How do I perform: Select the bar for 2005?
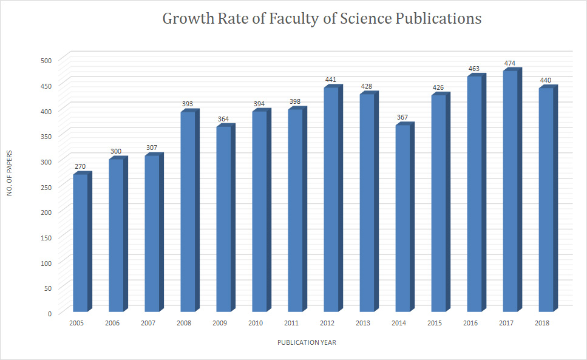[80, 243]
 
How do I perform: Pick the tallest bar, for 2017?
[510, 191]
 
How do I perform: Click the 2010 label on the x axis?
[256, 324]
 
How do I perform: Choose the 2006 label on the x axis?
[112, 324]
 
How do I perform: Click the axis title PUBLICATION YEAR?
[307, 342]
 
